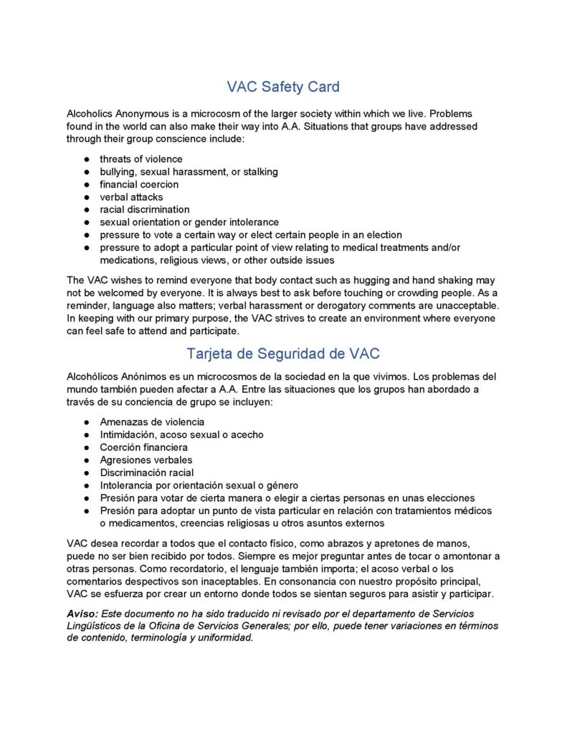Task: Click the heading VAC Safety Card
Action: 283,87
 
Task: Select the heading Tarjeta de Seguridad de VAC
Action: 283,353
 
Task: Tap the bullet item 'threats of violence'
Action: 140,159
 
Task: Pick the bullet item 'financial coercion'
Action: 139,184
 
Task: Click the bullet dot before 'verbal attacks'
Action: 86,197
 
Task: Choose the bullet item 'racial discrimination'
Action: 145,210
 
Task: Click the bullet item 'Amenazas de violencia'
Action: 152,422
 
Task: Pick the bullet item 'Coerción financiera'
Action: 144,447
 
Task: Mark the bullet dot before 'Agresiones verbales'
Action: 86,460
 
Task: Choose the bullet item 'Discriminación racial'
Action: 147,473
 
